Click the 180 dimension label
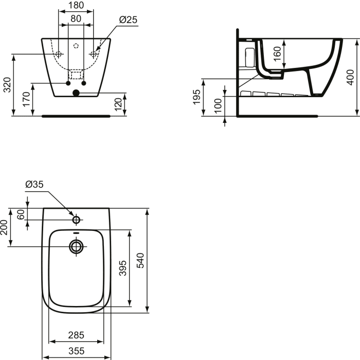point(76,6)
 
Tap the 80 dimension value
point(76,19)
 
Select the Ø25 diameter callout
point(128,20)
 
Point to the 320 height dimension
point(7,84)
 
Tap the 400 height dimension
point(351,77)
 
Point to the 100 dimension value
point(218,106)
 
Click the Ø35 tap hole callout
point(34,185)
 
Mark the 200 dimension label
point(4,227)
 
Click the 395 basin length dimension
point(122,267)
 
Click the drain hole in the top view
point(76,247)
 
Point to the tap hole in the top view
point(76,220)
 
